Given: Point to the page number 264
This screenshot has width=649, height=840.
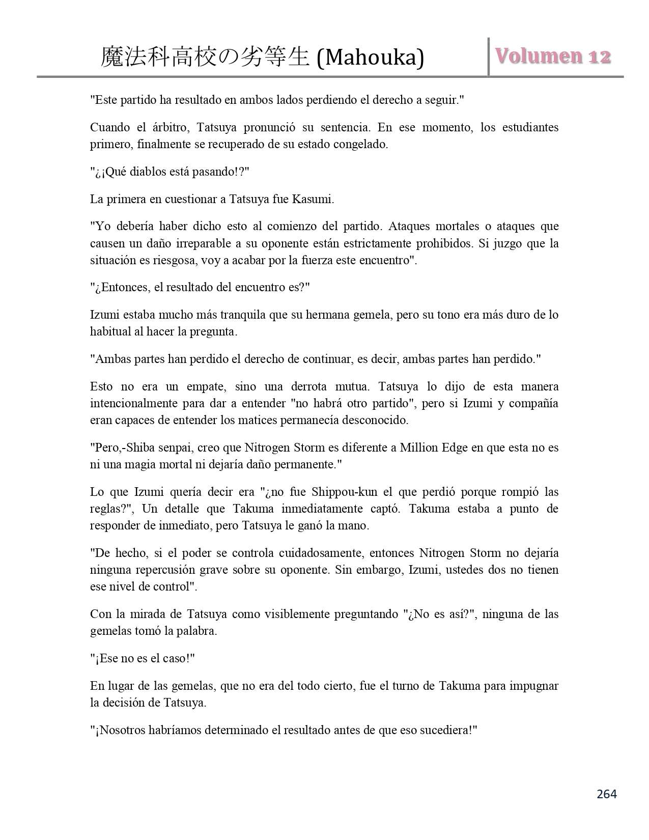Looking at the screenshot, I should pos(606,794).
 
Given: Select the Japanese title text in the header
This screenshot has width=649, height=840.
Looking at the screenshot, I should pos(205,57).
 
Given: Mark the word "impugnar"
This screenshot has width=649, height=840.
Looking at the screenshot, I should pos(533,686).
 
